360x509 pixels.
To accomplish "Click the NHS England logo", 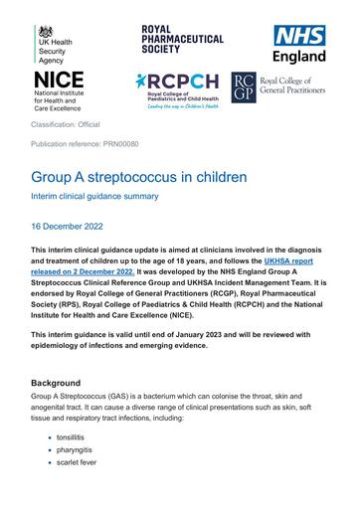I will coord(300,43).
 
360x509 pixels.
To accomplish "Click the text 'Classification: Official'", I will coord(80,127).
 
